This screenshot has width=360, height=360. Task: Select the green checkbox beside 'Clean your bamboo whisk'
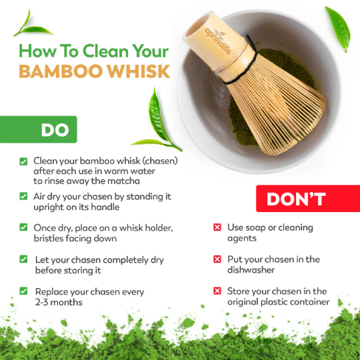[x=24, y=161]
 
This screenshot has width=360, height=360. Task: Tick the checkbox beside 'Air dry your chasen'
[x=24, y=196]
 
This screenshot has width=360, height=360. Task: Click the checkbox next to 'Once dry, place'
[x=24, y=228]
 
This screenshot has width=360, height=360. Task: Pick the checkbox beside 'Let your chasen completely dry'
[x=24, y=259]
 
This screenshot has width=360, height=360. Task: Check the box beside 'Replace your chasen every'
[x=24, y=291]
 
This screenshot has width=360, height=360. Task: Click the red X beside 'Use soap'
[x=217, y=228]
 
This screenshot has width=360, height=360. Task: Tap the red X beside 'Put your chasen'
[x=217, y=259]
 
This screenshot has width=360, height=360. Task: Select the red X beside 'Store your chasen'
[x=217, y=291]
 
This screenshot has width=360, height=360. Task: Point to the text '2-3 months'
[x=59, y=302]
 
